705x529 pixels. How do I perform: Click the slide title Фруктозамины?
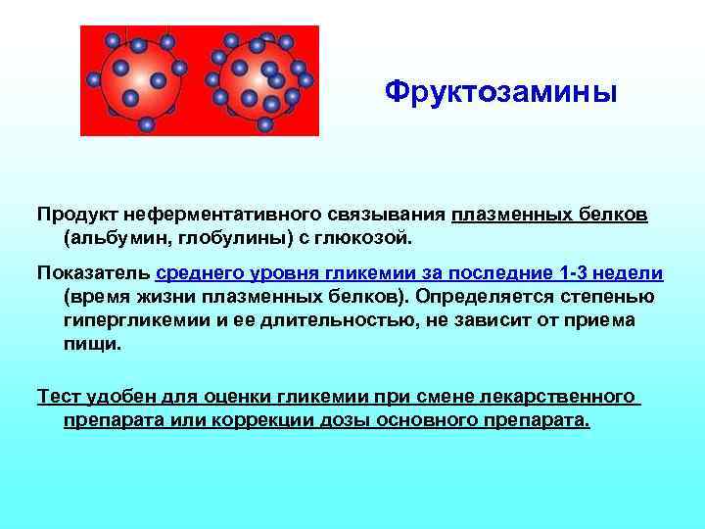[x=500, y=93]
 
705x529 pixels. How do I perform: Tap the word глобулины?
[x=216, y=237]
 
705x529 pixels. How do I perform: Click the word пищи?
[x=93, y=344]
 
